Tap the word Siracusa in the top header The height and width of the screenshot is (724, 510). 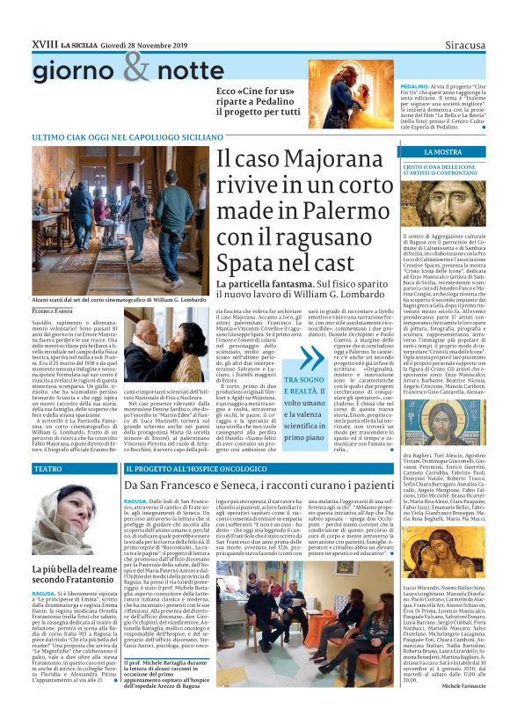click(x=464, y=43)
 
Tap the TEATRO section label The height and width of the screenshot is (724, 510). click(x=47, y=469)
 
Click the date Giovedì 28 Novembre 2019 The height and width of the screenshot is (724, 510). click(x=131, y=43)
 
